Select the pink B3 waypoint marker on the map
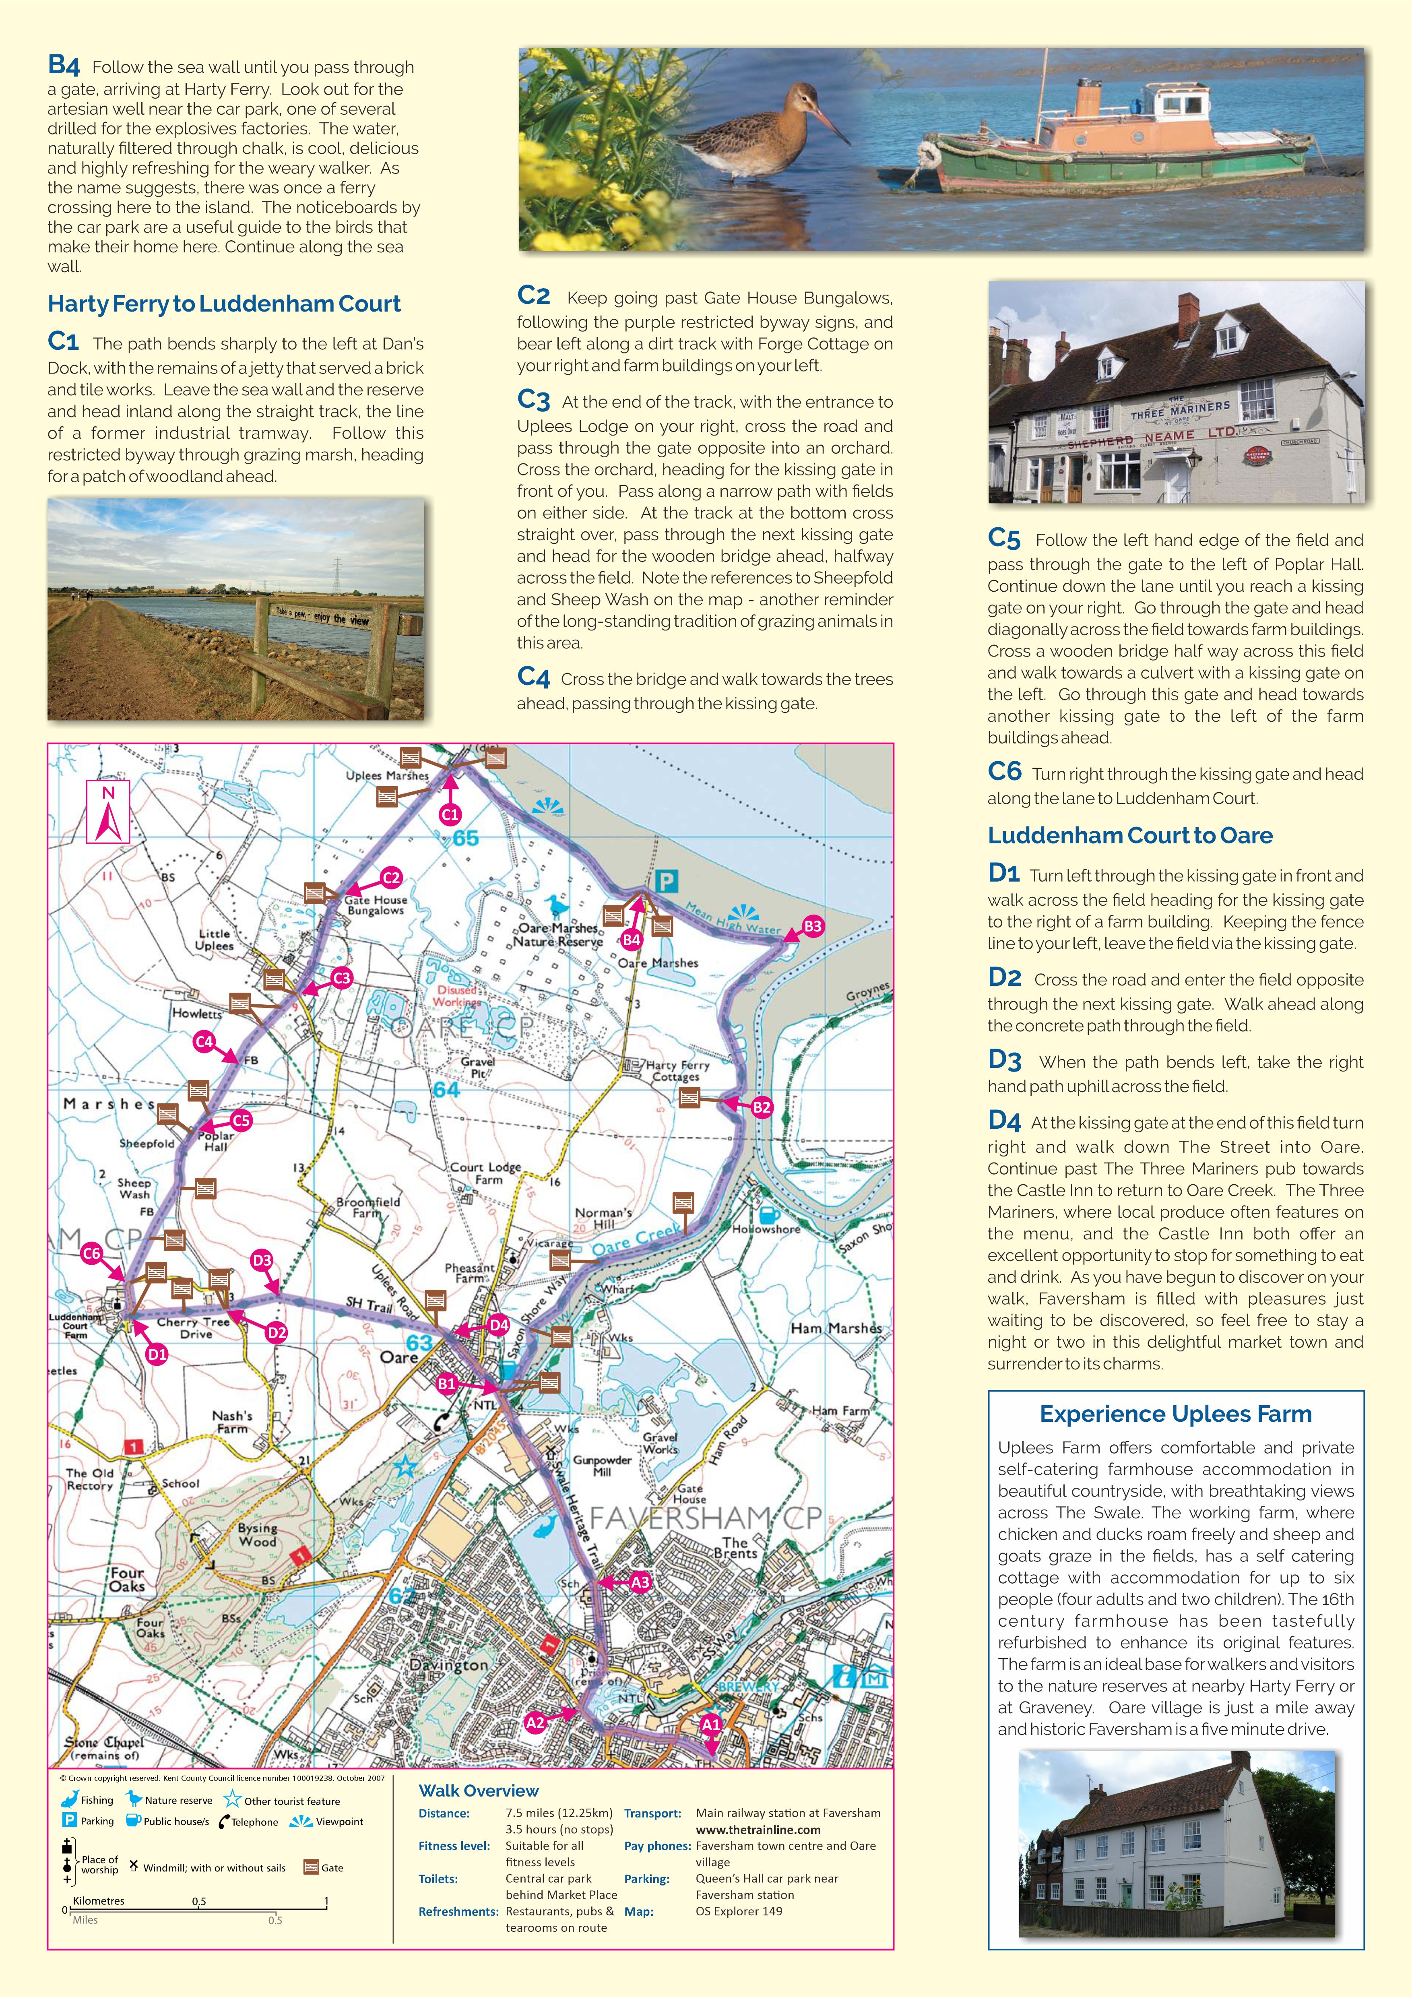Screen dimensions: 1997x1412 [812, 926]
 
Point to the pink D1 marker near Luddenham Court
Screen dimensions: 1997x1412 [157, 1354]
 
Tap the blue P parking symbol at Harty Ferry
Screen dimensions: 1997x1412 [666, 882]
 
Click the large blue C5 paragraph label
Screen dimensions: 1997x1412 [1004, 538]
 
